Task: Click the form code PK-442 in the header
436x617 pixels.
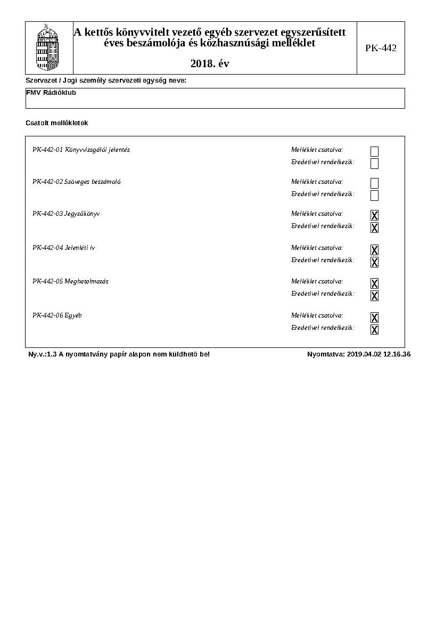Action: tap(381, 48)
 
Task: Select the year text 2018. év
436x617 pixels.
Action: tap(210, 64)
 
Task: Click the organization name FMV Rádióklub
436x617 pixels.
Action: tap(51, 93)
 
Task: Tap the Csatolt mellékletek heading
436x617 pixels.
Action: tap(56, 123)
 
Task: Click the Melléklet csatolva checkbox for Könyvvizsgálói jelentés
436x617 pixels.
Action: tap(374, 151)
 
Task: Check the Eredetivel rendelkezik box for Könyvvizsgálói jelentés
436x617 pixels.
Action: tap(374, 164)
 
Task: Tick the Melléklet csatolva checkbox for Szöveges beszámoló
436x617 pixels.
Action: tap(374, 183)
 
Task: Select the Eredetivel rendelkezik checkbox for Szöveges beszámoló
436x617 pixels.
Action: tap(374, 196)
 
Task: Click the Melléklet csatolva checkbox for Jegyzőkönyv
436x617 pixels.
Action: tap(374, 215)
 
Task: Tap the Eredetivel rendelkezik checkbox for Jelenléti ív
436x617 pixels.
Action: tap(374, 262)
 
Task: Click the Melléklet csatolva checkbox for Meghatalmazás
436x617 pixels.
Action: tap(374, 283)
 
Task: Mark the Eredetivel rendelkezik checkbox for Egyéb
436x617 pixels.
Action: tap(374, 329)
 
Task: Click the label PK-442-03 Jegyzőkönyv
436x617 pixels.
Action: tap(66, 214)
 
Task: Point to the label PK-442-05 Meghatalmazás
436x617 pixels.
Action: tap(70, 281)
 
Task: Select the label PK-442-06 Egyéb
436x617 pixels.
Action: tap(57, 315)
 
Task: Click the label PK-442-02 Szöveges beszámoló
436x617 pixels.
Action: tap(76, 182)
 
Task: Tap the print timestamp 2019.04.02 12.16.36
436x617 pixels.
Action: tap(379, 354)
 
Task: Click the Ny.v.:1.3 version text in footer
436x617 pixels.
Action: tap(42, 354)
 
